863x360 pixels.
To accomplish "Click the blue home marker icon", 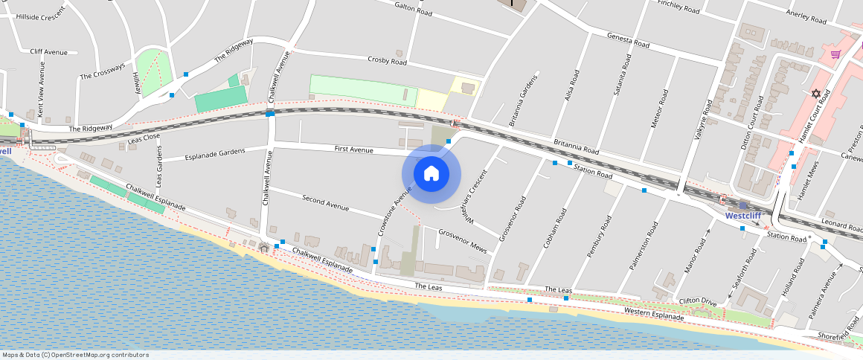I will [x=431, y=174].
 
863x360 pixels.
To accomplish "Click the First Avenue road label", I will [x=353, y=150].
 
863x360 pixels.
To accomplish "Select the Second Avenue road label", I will [x=325, y=201].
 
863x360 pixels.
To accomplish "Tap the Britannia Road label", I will [x=576, y=146].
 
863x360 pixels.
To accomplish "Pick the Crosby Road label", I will [x=387, y=60].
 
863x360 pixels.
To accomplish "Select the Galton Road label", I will [x=414, y=10].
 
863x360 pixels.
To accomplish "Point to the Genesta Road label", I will [x=628, y=40].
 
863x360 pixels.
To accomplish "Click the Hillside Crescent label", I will [x=42, y=16].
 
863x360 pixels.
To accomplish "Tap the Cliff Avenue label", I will [x=48, y=52].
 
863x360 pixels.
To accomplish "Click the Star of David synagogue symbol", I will [x=816, y=94].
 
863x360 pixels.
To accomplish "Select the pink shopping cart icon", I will [x=836, y=54].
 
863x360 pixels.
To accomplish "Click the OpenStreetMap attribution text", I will [x=74, y=355].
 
